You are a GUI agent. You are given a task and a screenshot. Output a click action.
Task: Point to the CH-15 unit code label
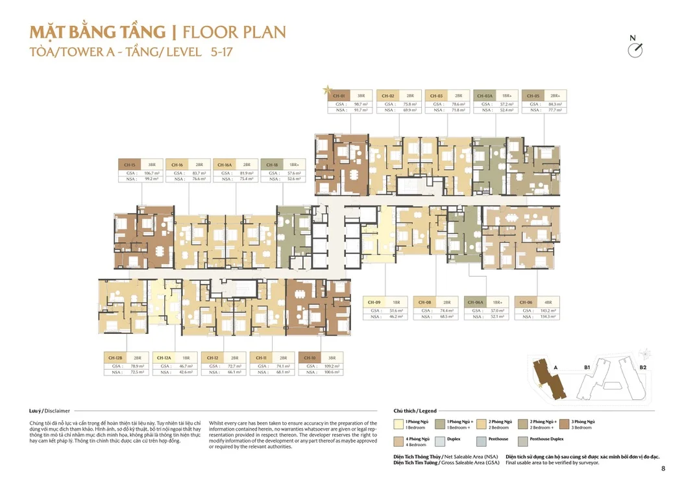click(129, 165)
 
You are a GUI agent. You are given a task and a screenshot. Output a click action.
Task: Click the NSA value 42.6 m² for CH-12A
click(186, 373)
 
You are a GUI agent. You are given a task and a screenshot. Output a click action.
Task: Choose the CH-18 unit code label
click(273, 165)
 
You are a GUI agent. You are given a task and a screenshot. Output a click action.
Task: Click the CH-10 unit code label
click(310, 358)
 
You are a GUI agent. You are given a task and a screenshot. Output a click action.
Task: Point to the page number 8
click(663, 468)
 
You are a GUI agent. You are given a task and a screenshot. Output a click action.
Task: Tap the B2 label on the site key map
click(642, 367)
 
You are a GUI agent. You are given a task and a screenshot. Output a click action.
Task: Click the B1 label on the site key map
click(587, 367)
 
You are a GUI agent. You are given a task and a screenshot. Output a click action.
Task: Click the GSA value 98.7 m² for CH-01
click(361, 104)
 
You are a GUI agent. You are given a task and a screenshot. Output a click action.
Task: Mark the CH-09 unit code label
click(374, 302)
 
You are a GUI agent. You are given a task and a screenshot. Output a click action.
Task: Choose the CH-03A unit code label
click(485, 95)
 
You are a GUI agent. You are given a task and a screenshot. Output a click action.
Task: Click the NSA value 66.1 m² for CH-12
click(234, 373)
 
